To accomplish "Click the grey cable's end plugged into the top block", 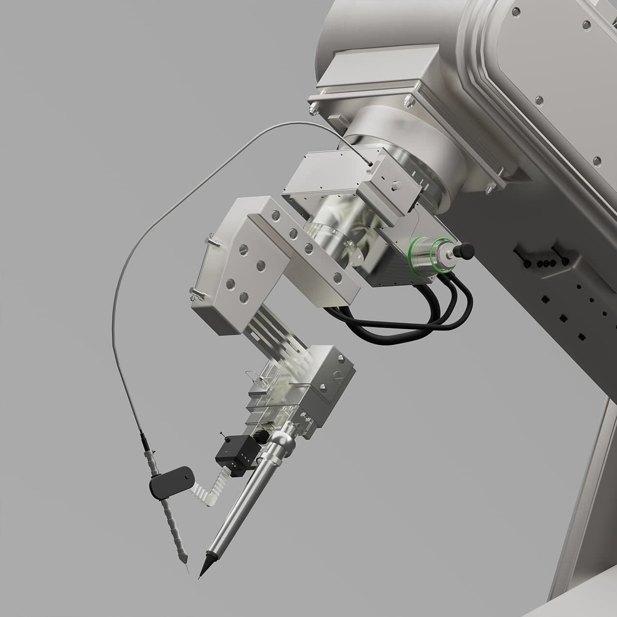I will click(369, 164).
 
